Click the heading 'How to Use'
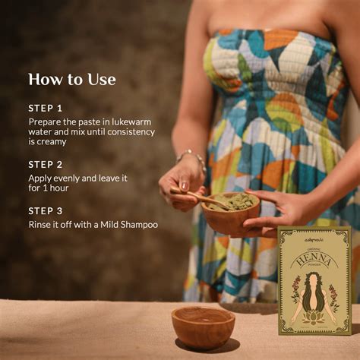pyautogui.click(x=71, y=79)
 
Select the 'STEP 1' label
pyautogui.click(x=46, y=108)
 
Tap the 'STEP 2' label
pyautogui.click(x=46, y=164)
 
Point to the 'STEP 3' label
pyautogui.click(x=46, y=210)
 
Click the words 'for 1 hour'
pyautogui.click(x=49, y=187)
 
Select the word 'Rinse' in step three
pyautogui.click(x=42, y=224)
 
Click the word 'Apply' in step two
pyautogui.click(x=42, y=177)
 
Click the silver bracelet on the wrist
pyautogui.click(x=192, y=157)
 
